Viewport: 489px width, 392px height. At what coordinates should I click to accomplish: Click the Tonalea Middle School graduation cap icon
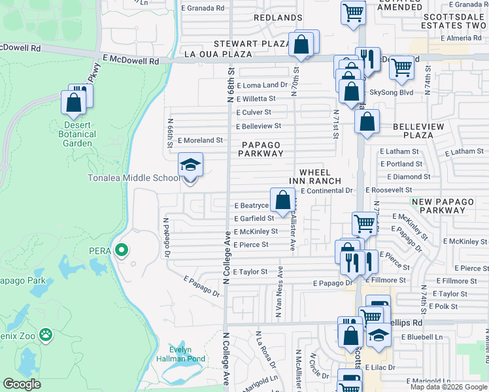tap(191, 165)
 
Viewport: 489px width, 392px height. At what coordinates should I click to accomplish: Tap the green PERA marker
tap(121, 250)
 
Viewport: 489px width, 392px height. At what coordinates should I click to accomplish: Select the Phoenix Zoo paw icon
tap(45, 336)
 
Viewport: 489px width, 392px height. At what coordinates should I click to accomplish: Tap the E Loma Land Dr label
tap(262, 86)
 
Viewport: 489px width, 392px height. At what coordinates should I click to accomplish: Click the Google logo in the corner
tap(22, 384)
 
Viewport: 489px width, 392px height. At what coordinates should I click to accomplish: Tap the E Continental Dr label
tap(326, 191)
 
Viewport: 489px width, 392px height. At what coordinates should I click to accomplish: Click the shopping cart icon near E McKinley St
tap(364, 224)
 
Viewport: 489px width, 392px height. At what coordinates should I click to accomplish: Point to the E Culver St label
tap(257, 112)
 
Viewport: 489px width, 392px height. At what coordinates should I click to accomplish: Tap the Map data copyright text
tap(448, 387)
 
